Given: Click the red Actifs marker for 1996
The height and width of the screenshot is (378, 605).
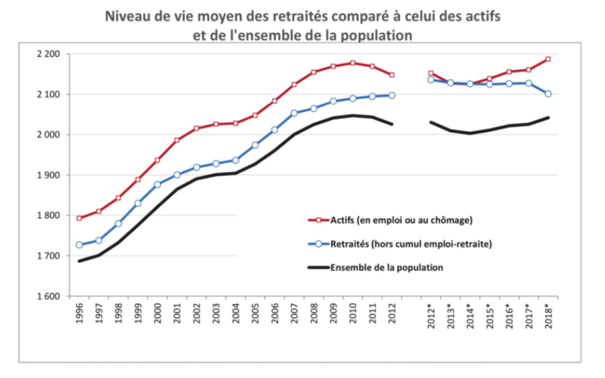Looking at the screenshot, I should pos(79,218).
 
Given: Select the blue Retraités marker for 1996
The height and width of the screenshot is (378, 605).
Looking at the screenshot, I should pos(79,245).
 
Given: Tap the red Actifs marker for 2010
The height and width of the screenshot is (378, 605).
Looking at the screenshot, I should pos(352,63).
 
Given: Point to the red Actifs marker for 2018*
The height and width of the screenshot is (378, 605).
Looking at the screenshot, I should pos(548,59).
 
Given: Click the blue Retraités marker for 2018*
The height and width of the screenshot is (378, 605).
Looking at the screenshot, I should pos(548,93).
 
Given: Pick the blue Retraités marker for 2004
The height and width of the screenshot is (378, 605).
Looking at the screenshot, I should pos(235,160).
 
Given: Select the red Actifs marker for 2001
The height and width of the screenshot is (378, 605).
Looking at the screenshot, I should pos(177,141).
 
